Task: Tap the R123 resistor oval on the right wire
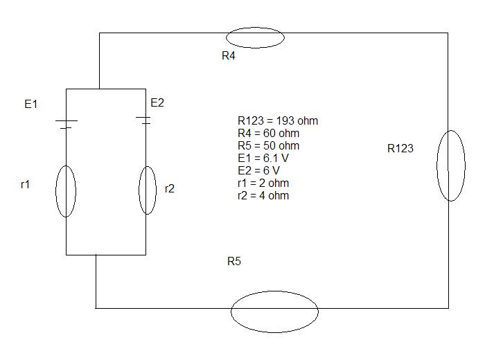[x=438, y=165]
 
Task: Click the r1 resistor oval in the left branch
[x=56, y=191]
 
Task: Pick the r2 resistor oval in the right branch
[x=139, y=190]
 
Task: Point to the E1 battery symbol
[x=66, y=124]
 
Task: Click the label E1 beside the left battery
[x=31, y=104]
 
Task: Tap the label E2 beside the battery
[x=157, y=102]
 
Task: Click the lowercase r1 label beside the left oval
[x=25, y=184]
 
